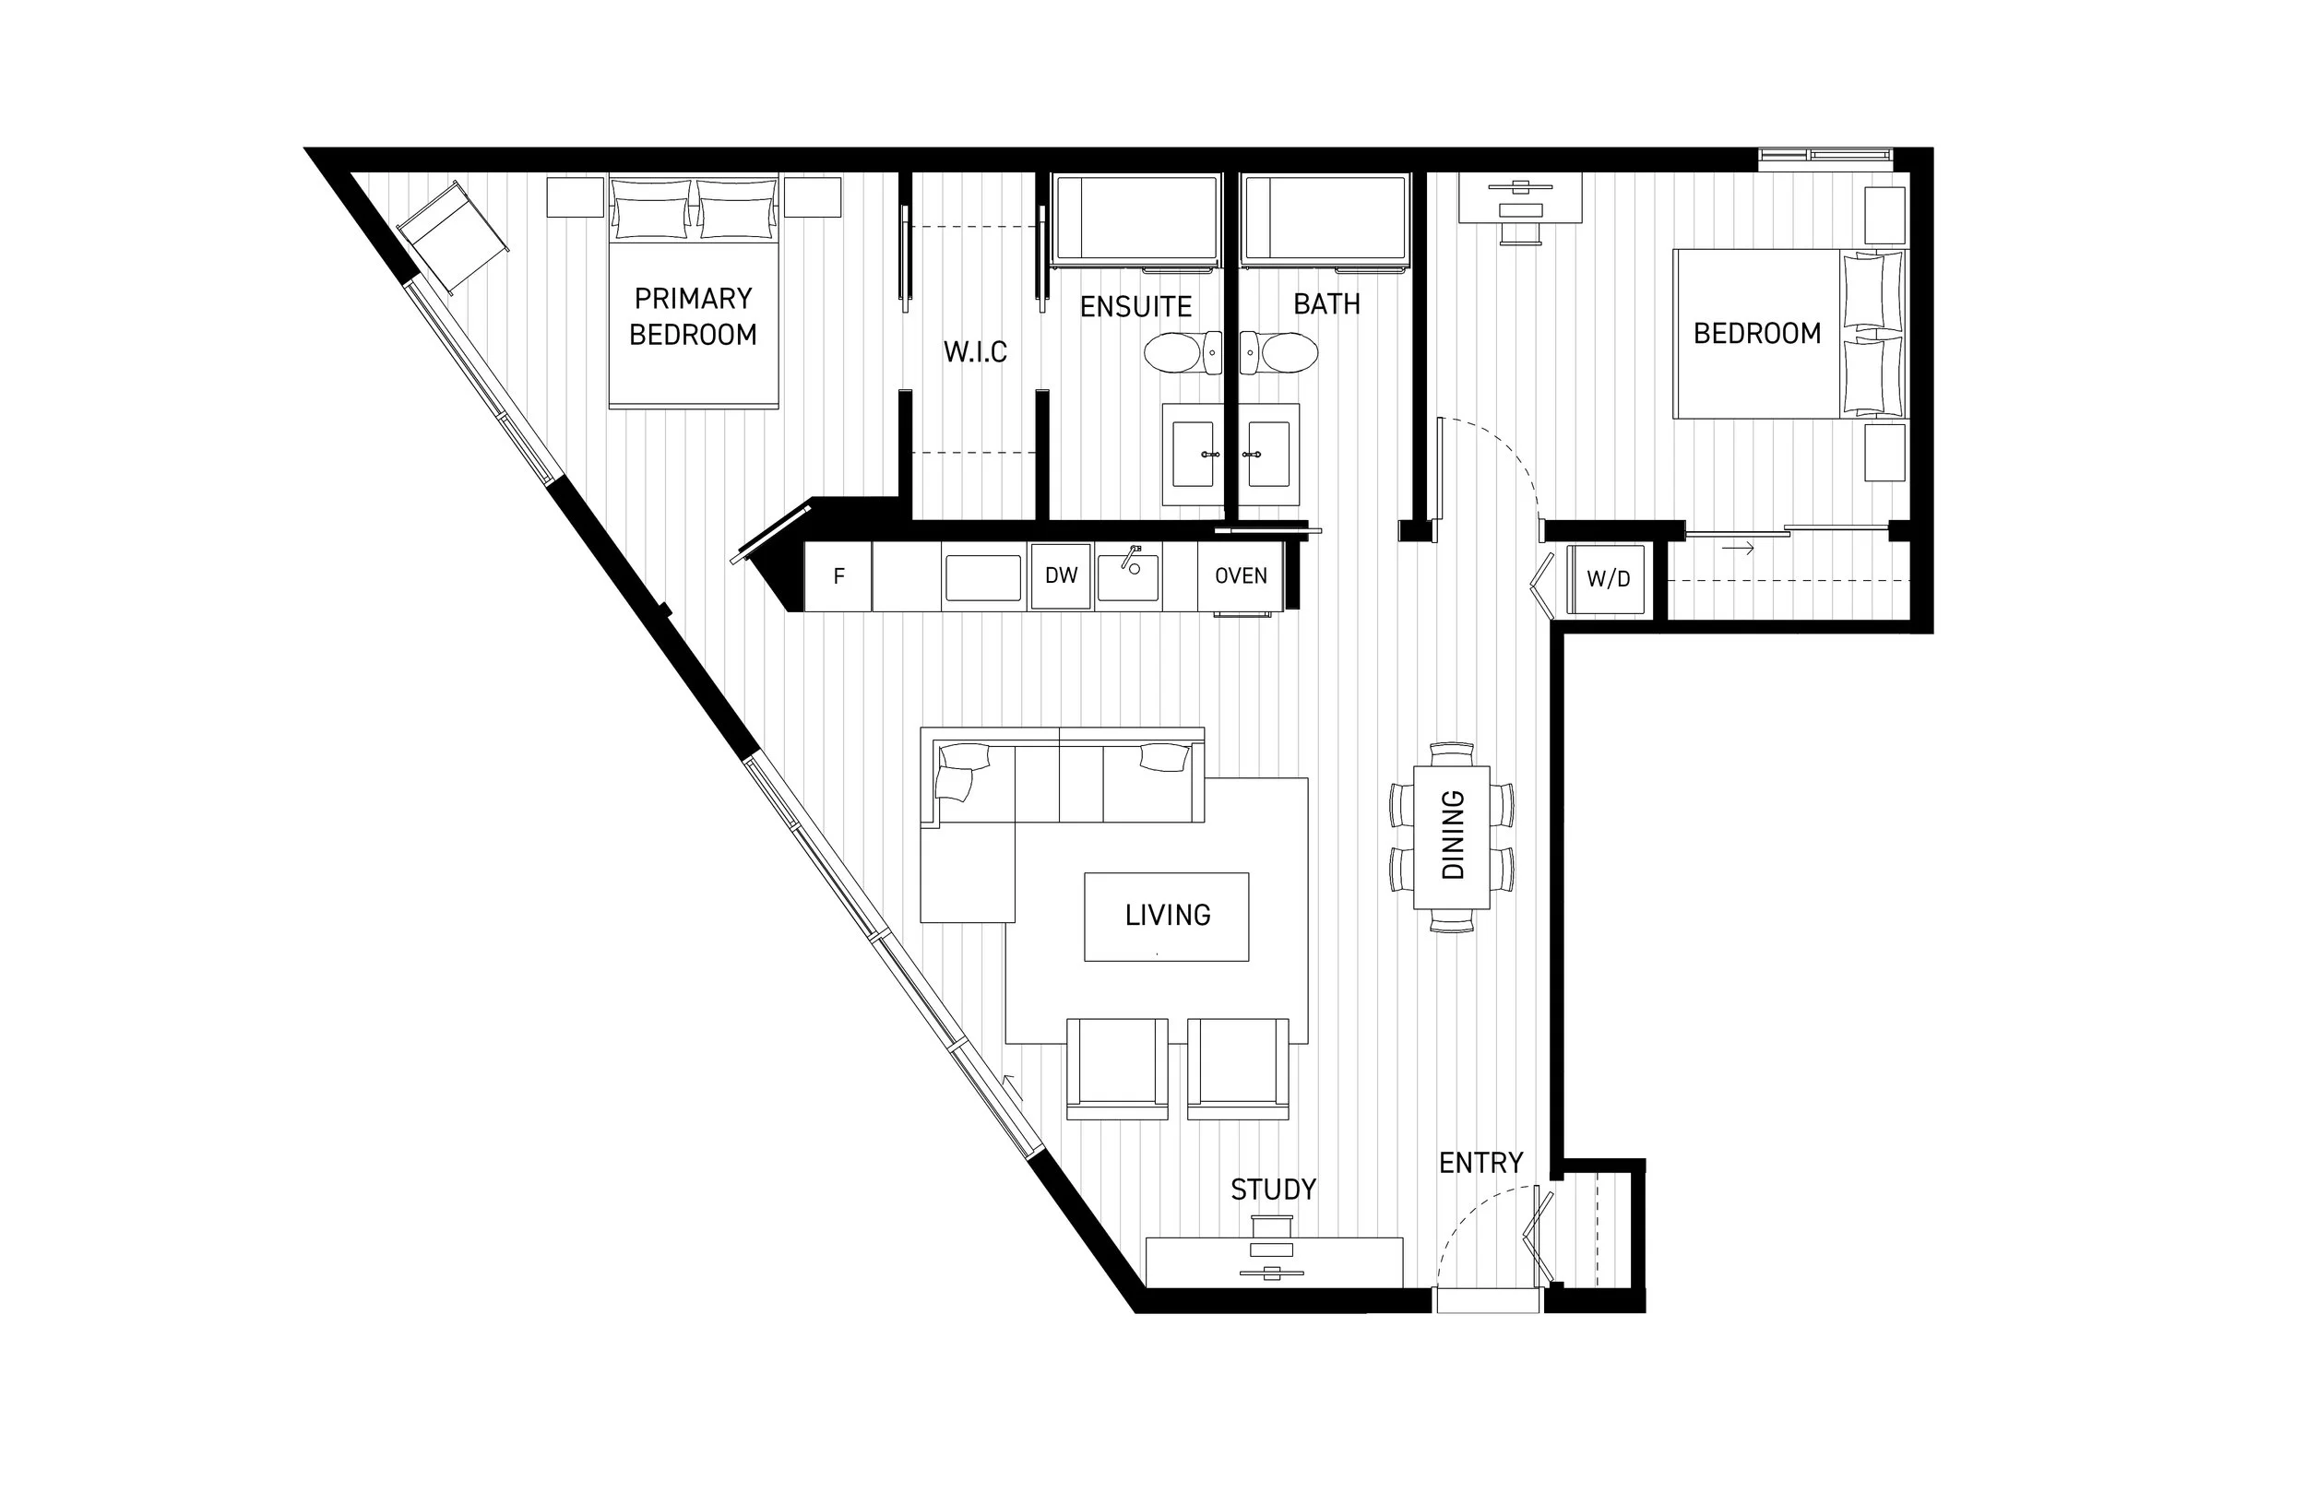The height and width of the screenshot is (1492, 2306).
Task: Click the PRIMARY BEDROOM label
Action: [693, 316]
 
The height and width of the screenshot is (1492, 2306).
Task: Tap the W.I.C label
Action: [975, 351]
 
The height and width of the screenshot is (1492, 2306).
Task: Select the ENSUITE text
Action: [1135, 307]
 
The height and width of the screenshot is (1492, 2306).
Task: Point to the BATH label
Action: [1326, 304]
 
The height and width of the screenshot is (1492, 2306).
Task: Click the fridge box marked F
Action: [839, 576]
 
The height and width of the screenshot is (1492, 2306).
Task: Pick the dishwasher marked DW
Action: [1061, 575]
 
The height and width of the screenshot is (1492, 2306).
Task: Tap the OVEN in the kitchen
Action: [1242, 576]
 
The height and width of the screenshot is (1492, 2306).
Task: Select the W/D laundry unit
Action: [1608, 579]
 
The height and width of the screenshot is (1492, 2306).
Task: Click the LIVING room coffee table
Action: [1167, 917]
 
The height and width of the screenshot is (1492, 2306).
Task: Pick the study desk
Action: [1274, 1261]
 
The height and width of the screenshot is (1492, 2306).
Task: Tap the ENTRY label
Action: [1480, 1163]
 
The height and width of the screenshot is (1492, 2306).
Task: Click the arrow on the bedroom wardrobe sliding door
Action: [1738, 550]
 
